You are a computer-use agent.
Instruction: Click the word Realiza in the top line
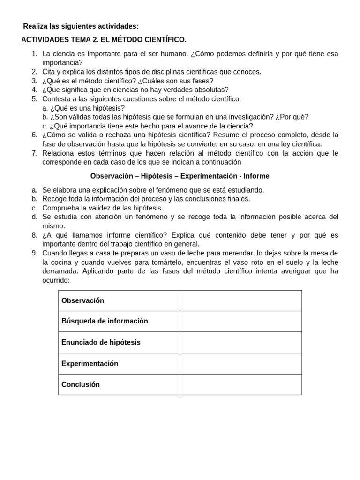tap(36, 26)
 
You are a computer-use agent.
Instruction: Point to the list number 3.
tap(34, 81)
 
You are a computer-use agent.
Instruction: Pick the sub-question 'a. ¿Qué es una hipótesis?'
tap(83, 108)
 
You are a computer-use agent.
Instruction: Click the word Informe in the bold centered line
tap(256, 176)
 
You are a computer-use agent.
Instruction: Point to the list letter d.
tap(35, 217)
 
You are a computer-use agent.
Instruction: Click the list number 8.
tap(34, 235)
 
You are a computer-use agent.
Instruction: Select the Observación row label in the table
tap(83, 300)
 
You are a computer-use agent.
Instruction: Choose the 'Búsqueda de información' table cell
tap(105, 321)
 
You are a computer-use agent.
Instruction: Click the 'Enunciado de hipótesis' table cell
tap(101, 342)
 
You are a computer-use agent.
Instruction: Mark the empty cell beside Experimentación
tap(240, 363)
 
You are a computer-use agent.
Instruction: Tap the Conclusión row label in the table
tap(81, 384)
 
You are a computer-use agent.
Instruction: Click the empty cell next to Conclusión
tap(240, 384)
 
